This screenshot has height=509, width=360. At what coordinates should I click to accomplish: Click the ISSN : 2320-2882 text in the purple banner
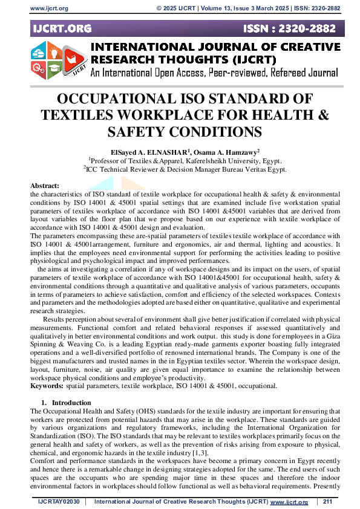296,28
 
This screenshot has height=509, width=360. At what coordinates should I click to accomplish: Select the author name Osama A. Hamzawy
217,152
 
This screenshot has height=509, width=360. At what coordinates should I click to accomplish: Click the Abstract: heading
45,186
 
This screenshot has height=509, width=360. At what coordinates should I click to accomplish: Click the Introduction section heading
71,403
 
